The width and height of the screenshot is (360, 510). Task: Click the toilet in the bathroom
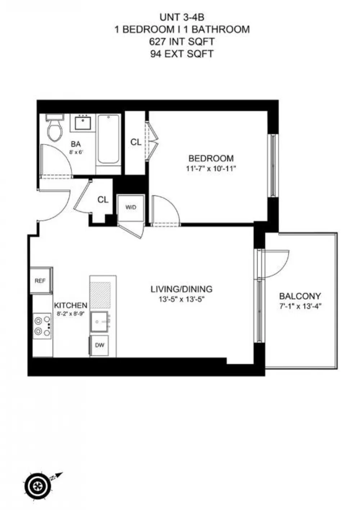55,129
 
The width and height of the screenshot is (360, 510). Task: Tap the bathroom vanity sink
83,123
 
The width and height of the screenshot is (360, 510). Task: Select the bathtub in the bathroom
108,139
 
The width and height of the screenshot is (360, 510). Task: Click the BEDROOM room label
211,158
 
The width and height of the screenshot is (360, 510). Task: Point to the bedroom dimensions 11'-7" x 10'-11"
211,169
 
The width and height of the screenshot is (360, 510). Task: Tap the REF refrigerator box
41,281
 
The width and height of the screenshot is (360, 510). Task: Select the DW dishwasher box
100,345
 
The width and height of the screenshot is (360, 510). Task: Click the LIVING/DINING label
181,289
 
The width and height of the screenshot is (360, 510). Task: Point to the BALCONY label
300,296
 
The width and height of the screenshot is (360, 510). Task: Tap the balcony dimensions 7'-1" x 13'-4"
300,306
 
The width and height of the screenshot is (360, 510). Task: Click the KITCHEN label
71,305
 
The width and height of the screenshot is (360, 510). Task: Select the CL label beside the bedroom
136,142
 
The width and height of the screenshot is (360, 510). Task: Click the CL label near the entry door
103,200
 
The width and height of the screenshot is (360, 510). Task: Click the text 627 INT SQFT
181,41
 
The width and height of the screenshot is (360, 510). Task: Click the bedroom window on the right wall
273,166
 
